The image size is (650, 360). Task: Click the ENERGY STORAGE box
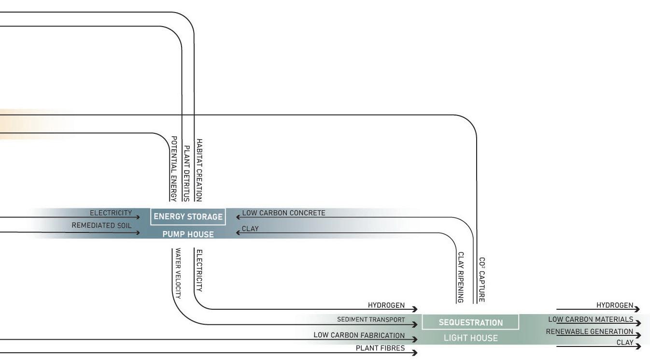tap(188, 217)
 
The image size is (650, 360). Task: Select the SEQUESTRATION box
tap(470, 322)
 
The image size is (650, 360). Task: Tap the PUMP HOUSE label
tap(188, 234)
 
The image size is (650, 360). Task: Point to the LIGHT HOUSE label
tap(470, 338)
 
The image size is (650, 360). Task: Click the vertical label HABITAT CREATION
tap(199, 170)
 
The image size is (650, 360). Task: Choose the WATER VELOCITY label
tap(178, 274)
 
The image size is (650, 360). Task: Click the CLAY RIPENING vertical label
tap(461, 277)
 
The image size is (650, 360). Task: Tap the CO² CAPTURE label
tap(481, 280)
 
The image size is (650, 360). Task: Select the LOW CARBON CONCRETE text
tap(283, 213)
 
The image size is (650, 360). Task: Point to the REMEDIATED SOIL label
tap(101, 226)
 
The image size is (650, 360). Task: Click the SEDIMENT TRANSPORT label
tap(371, 319)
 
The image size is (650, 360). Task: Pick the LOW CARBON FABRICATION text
tap(359, 335)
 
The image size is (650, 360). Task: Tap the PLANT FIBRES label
tap(380, 348)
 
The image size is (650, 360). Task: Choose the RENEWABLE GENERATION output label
tap(590, 331)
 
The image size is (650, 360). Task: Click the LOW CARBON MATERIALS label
tap(591, 319)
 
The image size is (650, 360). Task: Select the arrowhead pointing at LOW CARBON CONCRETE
tap(238, 217)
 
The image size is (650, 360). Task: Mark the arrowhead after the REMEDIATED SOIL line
tap(138, 232)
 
